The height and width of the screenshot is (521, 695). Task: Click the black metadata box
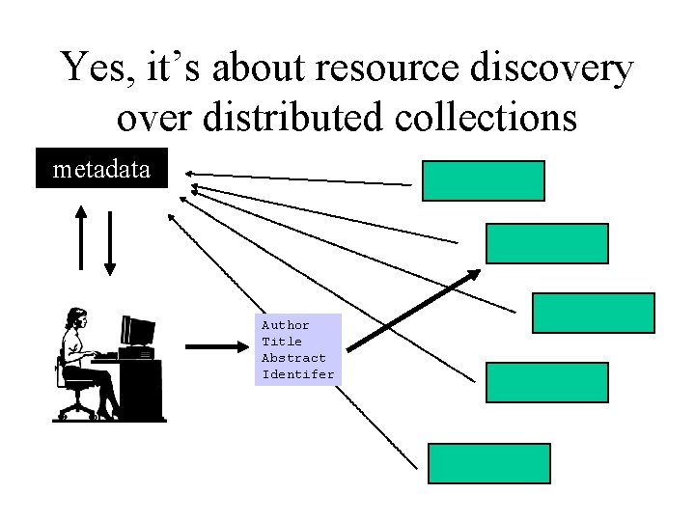click(101, 169)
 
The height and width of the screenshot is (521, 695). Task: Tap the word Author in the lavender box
click(286, 325)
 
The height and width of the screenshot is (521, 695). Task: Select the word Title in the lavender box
click(282, 342)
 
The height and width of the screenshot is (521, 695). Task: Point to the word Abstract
click(293, 358)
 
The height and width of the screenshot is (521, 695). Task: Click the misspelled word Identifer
click(298, 374)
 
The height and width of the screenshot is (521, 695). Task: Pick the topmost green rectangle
click(483, 180)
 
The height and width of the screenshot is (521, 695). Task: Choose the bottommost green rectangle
click(488, 463)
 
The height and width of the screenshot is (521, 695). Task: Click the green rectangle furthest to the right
click(593, 313)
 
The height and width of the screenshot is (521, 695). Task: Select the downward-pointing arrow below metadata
click(109, 241)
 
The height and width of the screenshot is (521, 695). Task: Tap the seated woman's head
click(75, 318)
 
